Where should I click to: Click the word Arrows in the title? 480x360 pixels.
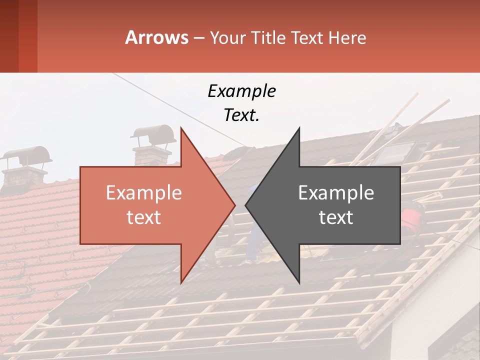pyautogui.click(x=156, y=37)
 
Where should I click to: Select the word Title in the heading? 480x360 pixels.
pyautogui.click(x=268, y=37)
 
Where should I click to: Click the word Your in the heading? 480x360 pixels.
pyautogui.click(x=227, y=38)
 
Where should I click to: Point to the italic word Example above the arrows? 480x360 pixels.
pyautogui.click(x=241, y=91)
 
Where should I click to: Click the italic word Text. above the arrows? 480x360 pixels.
pyautogui.click(x=241, y=115)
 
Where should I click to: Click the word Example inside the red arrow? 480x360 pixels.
pyautogui.click(x=143, y=193)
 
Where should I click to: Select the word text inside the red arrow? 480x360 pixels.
pyautogui.click(x=143, y=217)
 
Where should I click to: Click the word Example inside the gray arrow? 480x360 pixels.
pyautogui.click(x=336, y=193)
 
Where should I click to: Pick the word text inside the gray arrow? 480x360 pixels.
pyautogui.click(x=336, y=217)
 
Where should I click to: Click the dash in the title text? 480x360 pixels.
pyautogui.click(x=198, y=38)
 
